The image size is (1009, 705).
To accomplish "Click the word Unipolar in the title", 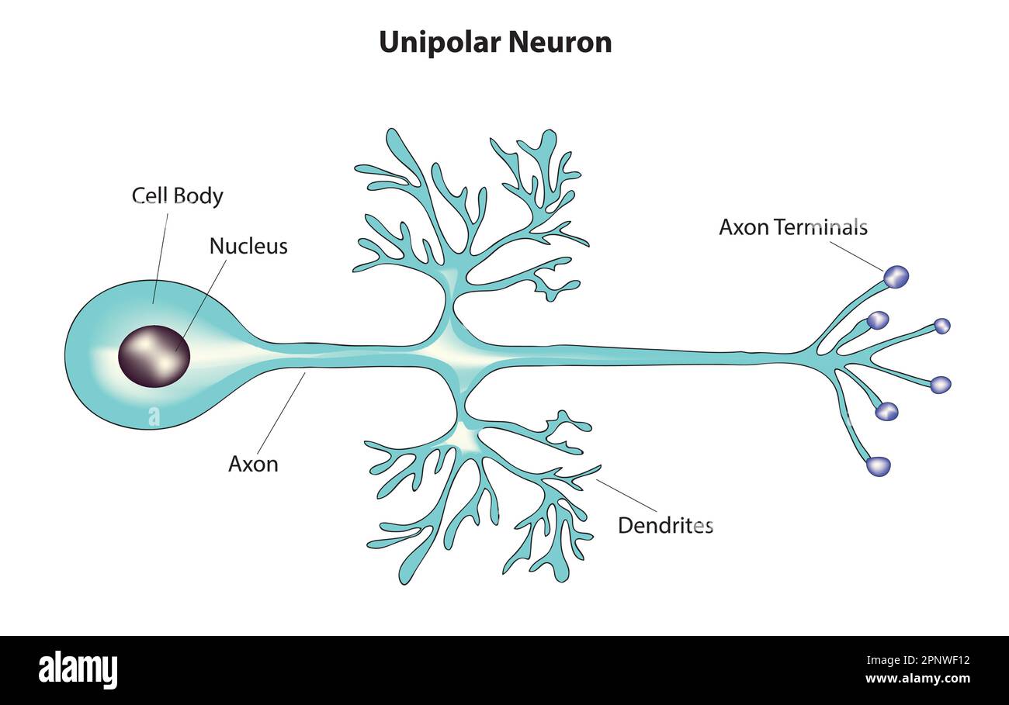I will click(435, 43).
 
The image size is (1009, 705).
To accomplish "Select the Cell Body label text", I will click(177, 196).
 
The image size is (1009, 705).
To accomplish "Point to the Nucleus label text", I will click(248, 247).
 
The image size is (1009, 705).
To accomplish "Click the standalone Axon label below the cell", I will click(253, 465).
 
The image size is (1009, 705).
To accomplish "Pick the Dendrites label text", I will click(665, 526).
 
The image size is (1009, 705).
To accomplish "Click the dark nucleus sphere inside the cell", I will click(154, 356).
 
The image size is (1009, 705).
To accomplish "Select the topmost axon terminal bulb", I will click(896, 277).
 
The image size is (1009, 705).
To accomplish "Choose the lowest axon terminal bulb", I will click(878, 466).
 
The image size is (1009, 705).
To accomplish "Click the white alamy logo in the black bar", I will click(78, 670).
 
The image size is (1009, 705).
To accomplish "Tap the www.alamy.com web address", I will click(917, 679).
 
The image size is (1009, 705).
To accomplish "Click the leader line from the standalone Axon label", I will click(280, 414).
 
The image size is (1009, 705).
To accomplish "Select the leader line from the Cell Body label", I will click(161, 256).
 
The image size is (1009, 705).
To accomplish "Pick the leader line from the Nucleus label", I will click(203, 302).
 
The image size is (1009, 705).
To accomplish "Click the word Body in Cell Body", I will click(199, 196).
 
